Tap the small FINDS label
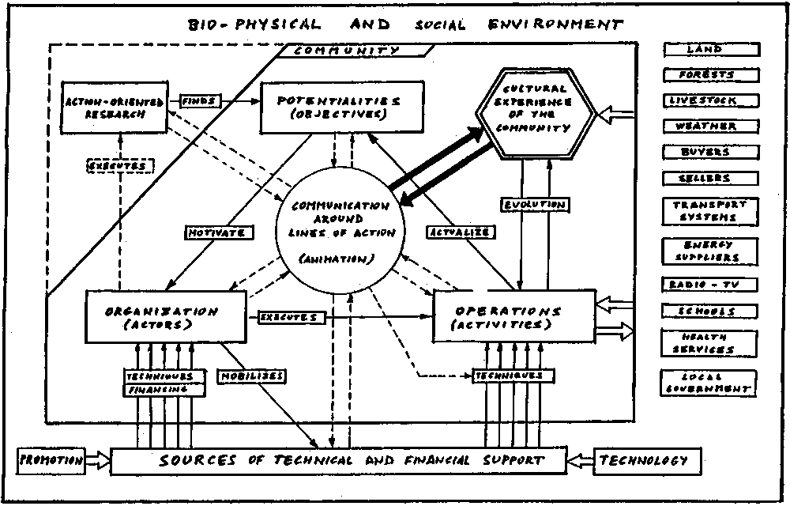(x=201, y=101)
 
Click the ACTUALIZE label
(x=461, y=232)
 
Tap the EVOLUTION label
(x=535, y=205)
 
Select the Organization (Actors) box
(x=166, y=317)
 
